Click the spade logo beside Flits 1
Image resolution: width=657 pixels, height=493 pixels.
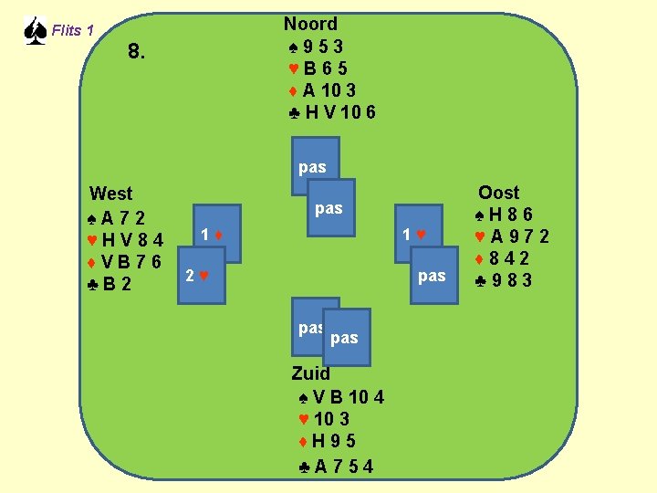coord(34,31)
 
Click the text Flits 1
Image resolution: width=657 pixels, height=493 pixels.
coord(73,31)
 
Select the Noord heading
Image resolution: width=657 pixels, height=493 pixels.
coord(310,24)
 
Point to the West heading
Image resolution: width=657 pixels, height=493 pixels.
coord(110,194)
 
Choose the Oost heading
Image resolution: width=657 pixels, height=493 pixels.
coord(498,193)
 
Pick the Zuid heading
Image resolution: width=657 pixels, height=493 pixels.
coord(311,372)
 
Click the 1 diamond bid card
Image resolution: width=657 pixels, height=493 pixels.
coord(216,236)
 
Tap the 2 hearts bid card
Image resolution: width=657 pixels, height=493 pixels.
coord(199,275)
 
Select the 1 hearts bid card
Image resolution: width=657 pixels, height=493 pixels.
coord(416,236)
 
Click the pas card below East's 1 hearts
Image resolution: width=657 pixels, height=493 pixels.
coord(431,276)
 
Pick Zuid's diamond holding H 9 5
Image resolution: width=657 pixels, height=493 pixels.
coord(329,442)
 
